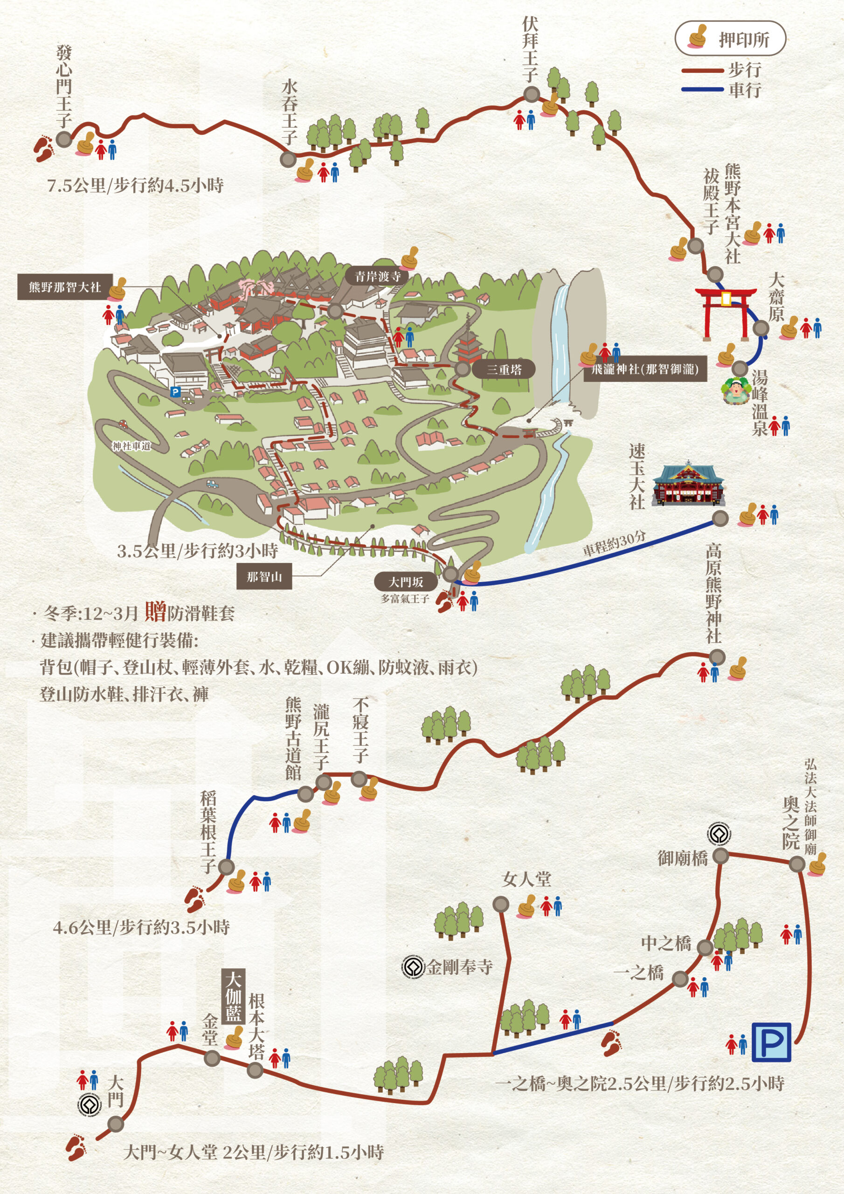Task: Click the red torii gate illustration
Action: click(726, 312)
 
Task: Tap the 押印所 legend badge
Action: click(730, 38)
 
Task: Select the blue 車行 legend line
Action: click(702, 90)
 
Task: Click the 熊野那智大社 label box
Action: click(65, 286)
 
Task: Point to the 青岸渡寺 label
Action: click(378, 276)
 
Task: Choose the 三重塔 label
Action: click(504, 370)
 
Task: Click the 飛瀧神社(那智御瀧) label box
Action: click(645, 370)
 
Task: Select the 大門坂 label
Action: click(406, 582)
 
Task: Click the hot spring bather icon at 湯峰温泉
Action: click(735, 390)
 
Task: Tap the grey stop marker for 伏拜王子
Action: click(531, 95)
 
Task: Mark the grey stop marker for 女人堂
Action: click(500, 904)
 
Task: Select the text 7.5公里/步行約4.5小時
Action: click(136, 186)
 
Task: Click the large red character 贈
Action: click(155, 611)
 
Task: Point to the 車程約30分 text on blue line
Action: click(614, 543)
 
